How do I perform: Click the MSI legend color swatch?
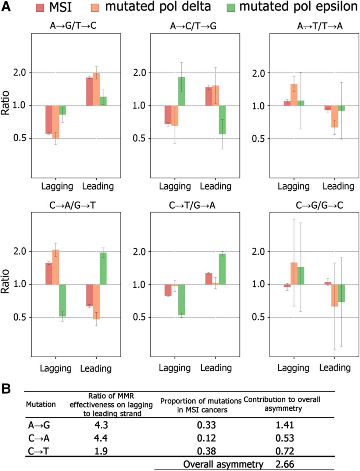pyautogui.click(x=40, y=7)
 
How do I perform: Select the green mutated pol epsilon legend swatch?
pyautogui.click(x=231, y=7)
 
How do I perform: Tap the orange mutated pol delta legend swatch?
pyautogui.click(x=95, y=7)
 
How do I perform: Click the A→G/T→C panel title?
pyautogui.click(x=73, y=26)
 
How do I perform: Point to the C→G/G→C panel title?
pyautogui.click(x=319, y=205)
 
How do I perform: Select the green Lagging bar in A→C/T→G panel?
pyautogui.click(x=182, y=91)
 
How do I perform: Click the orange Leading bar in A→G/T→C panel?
pyautogui.click(x=96, y=89)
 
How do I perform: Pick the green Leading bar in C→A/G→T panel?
pyautogui.click(x=103, y=269)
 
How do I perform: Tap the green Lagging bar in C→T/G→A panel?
pyautogui.click(x=182, y=300)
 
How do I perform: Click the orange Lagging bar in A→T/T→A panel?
pyautogui.click(x=294, y=95)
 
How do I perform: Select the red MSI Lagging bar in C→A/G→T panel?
pyautogui.click(x=49, y=274)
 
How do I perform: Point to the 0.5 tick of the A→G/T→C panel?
pyautogui.click(x=20, y=138)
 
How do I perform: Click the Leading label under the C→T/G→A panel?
pyautogui.click(x=216, y=368)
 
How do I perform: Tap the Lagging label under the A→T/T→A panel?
pyautogui.click(x=293, y=186)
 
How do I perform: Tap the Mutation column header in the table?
pyautogui.click(x=41, y=404)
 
